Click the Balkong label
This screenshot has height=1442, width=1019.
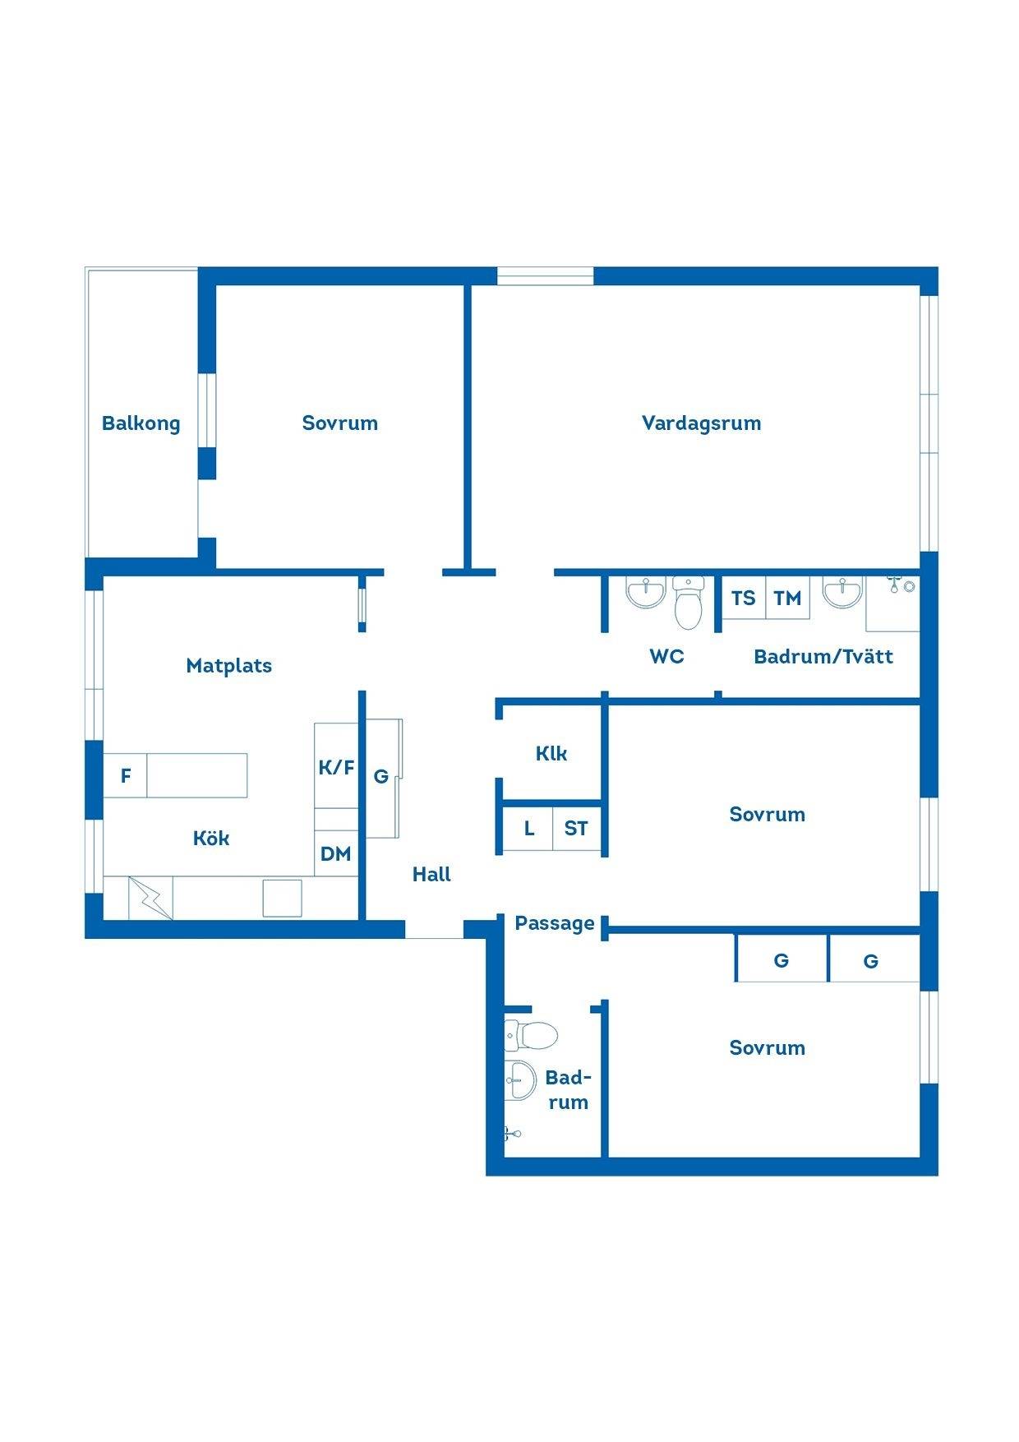[x=141, y=423]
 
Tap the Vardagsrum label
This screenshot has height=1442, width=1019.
[x=701, y=423]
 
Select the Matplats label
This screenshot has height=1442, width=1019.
[x=228, y=665]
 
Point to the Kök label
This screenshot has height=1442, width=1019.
[x=211, y=838]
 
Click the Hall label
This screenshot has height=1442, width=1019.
[x=431, y=874]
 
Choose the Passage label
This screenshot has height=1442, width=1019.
[x=555, y=923]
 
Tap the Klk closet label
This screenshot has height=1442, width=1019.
[x=551, y=753]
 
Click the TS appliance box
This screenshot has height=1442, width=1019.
[x=744, y=598]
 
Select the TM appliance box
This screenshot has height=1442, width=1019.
[x=787, y=598]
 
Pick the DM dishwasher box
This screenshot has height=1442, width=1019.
[x=336, y=853]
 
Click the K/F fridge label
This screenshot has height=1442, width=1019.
[x=336, y=767]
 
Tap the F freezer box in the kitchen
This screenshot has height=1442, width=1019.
[x=125, y=775]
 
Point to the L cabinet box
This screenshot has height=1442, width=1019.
[x=528, y=828]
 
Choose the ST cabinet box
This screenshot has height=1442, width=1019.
[x=576, y=828]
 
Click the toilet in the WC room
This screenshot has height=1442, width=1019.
[x=688, y=603]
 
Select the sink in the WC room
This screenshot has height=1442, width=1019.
[x=646, y=593]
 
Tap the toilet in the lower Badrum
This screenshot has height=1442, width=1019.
[x=531, y=1036]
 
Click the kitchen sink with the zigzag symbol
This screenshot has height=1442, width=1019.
[x=151, y=898]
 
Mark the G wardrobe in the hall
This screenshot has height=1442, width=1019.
[x=383, y=777]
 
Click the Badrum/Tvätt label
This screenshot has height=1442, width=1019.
[x=823, y=656]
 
